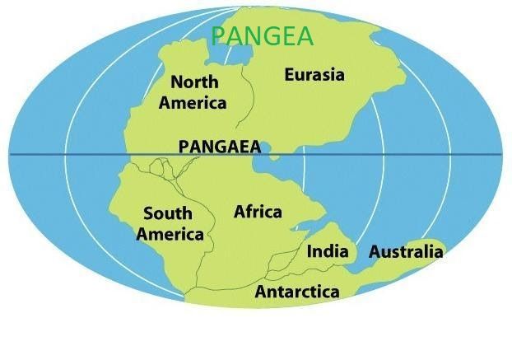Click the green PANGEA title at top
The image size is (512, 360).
(263, 36)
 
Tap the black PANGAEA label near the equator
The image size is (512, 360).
(219, 147)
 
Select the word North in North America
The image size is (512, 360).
(194, 82)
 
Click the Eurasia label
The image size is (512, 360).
(314, 75)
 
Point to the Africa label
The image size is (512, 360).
(258, 212)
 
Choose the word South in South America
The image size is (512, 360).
(168, 214)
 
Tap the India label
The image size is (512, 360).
(328, 251)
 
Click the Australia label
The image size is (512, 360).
(406, 252)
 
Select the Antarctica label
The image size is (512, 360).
(297, 292)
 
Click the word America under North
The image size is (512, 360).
(193, 103)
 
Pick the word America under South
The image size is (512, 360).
(170, 234)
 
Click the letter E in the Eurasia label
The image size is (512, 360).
(290, 75)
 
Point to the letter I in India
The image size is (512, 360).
(310, 251)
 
